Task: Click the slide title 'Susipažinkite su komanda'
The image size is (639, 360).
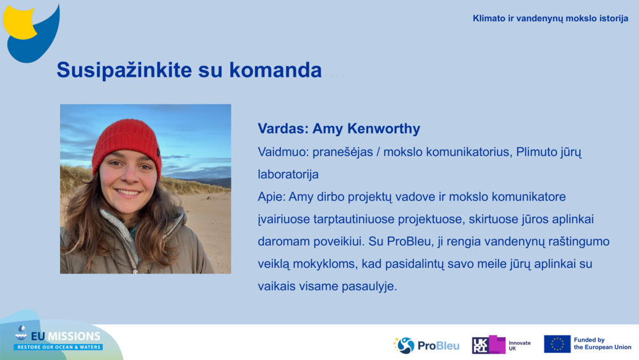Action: pos(189,70)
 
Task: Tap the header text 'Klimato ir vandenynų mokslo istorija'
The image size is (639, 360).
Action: pos(550,19)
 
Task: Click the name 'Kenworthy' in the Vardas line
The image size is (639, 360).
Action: pos(384,129)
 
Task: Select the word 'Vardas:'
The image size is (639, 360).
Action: pos(282,129)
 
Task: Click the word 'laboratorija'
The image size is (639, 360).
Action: pos(288,174)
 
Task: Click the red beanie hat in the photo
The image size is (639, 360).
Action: pos(127,142)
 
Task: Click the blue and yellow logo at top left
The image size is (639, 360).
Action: pos(31,32)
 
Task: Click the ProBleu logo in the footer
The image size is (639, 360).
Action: pos(426,345)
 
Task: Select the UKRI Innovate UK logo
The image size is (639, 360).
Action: pos(501,345)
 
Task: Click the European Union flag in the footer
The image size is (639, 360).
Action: pos(557,344)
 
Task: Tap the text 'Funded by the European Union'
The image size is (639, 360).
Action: pos(602,344)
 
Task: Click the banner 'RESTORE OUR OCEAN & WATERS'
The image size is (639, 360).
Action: pos(58,347)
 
